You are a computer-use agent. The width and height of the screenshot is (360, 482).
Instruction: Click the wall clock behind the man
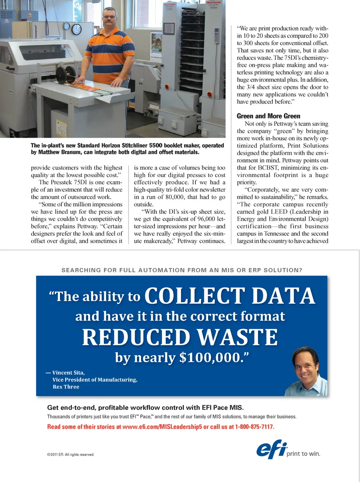pyautogui.click(x=76, y=29)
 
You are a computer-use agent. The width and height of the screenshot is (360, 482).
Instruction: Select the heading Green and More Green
pyautogui.click(x=268, y=116)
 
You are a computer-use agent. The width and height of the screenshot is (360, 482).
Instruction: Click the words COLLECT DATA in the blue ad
pyautogui.click(x=229, y=296)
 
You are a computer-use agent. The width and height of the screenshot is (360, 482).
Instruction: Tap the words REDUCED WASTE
pyautogui.click(x=180, y=337)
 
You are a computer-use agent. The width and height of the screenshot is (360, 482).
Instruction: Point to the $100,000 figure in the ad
pyautogui.click(x=210, y=357)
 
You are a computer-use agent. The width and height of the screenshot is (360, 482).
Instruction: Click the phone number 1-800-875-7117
pyautogui.click(x=255, y=427)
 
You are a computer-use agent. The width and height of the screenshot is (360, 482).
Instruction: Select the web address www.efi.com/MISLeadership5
pyautogui.click(x=162, y=427)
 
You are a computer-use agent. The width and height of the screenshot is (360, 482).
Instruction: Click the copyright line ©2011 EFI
pyautogui.click(x=70, y=455)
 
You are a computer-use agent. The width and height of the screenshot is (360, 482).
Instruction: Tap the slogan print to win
pyautogui.click(x=303, y=453)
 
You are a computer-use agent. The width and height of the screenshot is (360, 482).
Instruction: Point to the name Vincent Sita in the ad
pyautogui.click(x=68, y=373)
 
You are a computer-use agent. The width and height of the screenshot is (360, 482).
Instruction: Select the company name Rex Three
pyautogui.click(x=66, y=387)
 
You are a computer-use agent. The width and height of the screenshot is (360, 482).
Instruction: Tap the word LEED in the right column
pyautogui.click(x=279, y=212)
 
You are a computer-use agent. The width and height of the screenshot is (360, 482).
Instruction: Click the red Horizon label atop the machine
pyautogui.click(x=213, y=3)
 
